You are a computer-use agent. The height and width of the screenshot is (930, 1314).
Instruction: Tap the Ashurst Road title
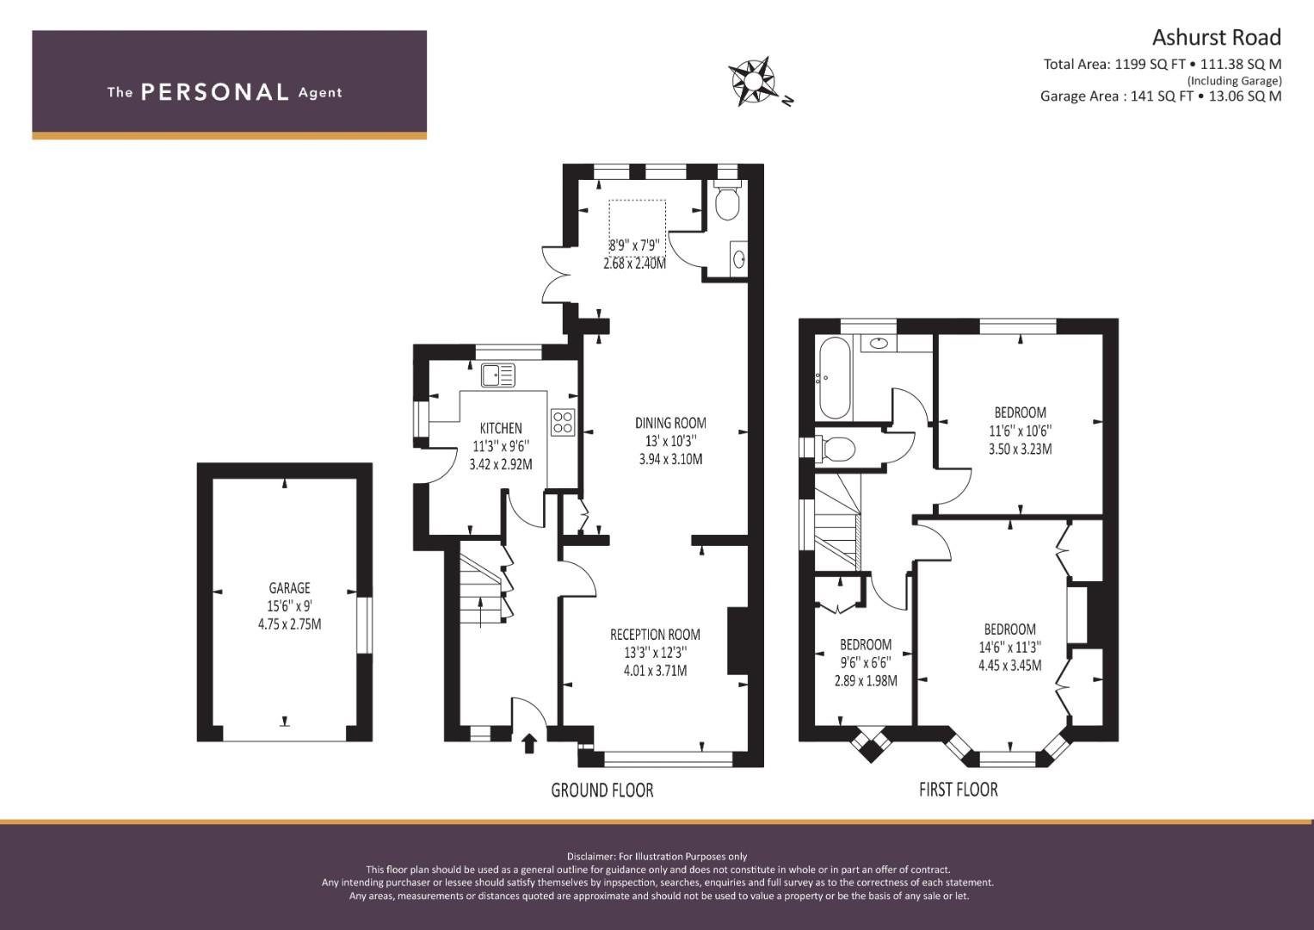[1217, 38]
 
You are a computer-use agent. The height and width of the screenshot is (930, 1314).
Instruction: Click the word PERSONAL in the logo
[215, 92]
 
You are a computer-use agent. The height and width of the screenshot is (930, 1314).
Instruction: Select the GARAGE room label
[289, 587]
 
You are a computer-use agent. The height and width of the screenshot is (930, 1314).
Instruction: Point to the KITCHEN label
[501, 428]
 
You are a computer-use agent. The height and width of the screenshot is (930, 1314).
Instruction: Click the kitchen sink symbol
[498, 375]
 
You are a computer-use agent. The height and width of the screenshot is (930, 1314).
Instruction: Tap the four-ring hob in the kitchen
[563, 422]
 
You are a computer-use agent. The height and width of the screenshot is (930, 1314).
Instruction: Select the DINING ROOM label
[670, 423]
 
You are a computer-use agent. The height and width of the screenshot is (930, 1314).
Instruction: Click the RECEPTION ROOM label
[655, 635]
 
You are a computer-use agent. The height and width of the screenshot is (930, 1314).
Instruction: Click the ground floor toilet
[727, 200]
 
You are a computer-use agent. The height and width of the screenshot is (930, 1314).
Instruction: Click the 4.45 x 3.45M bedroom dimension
[1010, 665]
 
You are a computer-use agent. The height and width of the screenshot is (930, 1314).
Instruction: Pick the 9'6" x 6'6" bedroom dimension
[866, 662]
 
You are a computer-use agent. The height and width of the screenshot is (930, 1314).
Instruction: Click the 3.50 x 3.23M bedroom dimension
[1020, 449]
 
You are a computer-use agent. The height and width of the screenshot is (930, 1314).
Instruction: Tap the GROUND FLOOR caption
[602, 790]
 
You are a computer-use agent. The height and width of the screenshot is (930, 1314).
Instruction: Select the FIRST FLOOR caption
[959, 790]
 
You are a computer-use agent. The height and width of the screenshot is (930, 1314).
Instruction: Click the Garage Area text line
[1161, 96]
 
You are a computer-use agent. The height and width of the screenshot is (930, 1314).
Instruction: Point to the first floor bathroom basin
[878, 343]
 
